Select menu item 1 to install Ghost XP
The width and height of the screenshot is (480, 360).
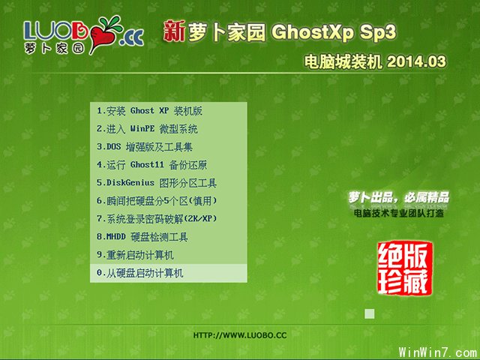pos(149,111)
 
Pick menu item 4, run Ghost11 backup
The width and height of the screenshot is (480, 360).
pos(151,165)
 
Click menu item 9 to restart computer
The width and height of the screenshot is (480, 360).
pos(135,255)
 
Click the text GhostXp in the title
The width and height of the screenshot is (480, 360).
pos(303,33)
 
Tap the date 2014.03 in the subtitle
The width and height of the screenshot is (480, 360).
pos(414,62)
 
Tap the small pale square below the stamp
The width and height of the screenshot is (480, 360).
pos(369,313)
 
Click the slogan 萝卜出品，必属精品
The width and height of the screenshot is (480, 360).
pos(398,197)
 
